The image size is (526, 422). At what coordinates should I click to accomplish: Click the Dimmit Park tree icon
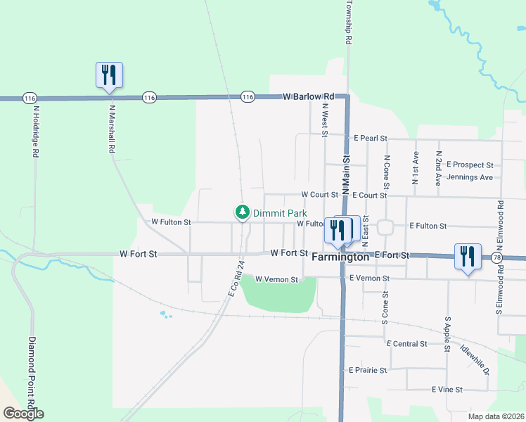[243, 212]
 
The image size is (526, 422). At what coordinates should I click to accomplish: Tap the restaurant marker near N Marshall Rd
[109, 75]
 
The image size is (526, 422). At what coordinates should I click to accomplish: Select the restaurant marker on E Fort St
[468, 257]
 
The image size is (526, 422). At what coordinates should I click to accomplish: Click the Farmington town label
[340, 257]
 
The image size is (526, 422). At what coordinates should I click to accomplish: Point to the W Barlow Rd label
[308, 96]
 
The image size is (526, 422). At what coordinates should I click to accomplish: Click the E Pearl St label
[371, 138]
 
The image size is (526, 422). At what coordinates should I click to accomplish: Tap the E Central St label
[407, 344]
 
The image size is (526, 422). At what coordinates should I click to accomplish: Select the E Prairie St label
[368, 370]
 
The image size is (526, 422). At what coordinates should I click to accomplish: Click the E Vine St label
[447, 389]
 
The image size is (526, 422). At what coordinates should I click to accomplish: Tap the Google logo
[23, 414]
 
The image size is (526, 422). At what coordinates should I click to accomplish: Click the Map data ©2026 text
[496, 416]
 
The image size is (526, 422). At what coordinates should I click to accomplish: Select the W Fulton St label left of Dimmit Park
[171, 222]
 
